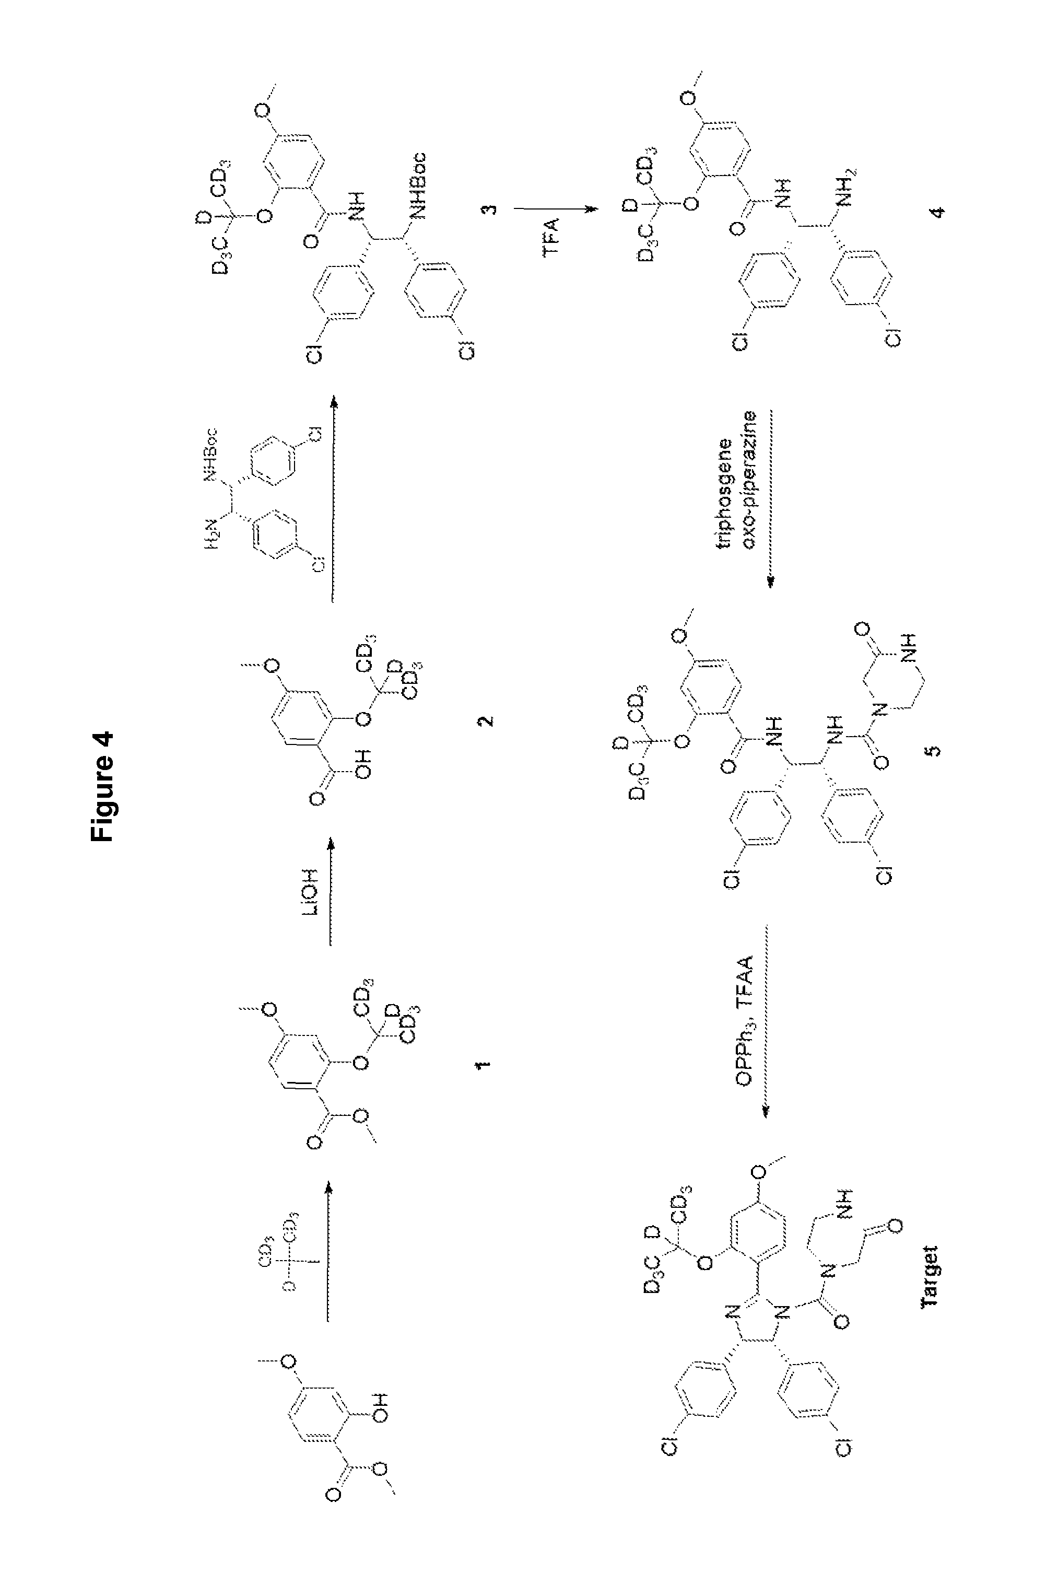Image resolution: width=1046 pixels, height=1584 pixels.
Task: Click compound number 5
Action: [935, 750]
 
